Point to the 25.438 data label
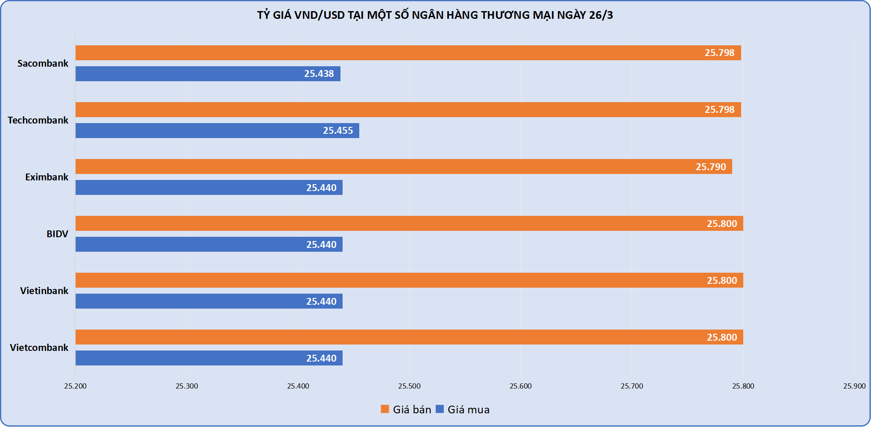coord(319,74)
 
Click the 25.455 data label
coord(337,130)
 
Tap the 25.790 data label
coord(710,166)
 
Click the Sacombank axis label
coord(43,63)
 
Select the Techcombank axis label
coord(38,120)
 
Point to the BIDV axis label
coord(57,234)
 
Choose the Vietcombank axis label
coord(39,347)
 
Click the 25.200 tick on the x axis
coord(75,386)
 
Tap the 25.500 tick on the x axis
coord(409,386)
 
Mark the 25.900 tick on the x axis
coord(854,386)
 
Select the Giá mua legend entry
coord(463,409)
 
